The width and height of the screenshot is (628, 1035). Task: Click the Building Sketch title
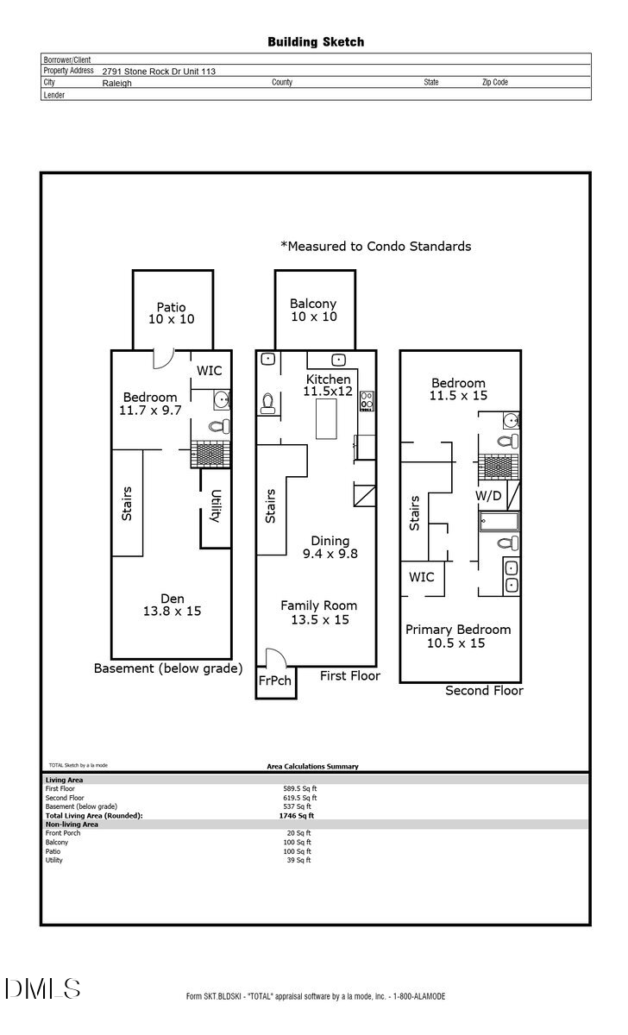[x=315, y=41]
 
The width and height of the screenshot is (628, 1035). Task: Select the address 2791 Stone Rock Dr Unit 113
[x=159, y=72]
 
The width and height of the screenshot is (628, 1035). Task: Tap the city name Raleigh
[x=117, y=84]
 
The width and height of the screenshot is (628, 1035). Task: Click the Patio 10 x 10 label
[x=171, y=313]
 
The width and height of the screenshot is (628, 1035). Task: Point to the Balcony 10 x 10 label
[x=313, y=310]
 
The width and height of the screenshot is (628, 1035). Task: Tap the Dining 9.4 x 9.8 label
[x=330, y=548]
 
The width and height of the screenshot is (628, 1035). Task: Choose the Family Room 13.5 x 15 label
[x=318, y=612]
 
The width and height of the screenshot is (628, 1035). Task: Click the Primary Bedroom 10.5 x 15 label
[x=458, y=637]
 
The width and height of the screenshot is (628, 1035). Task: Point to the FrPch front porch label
[x=274, y=681]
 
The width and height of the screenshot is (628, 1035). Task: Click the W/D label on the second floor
[x=489, y=497]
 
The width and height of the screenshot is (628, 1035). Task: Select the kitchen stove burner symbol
[x=367, y=400]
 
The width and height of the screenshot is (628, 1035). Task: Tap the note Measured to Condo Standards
[x=375, y=247]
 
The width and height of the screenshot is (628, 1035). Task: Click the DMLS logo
[x=43, y=988]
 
